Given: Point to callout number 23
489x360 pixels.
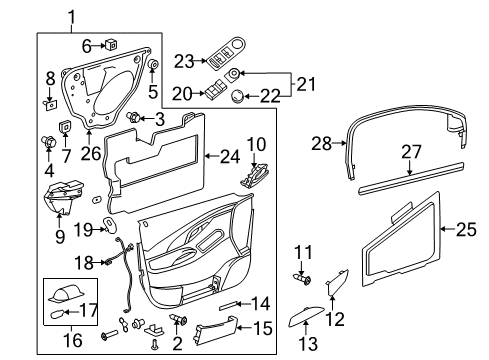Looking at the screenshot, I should tap(181, 61).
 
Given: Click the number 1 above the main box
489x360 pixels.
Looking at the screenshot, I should tap(70, 15).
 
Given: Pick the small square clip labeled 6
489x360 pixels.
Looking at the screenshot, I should tap(112, 44).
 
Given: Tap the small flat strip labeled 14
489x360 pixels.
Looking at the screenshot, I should tap(232, 301).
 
